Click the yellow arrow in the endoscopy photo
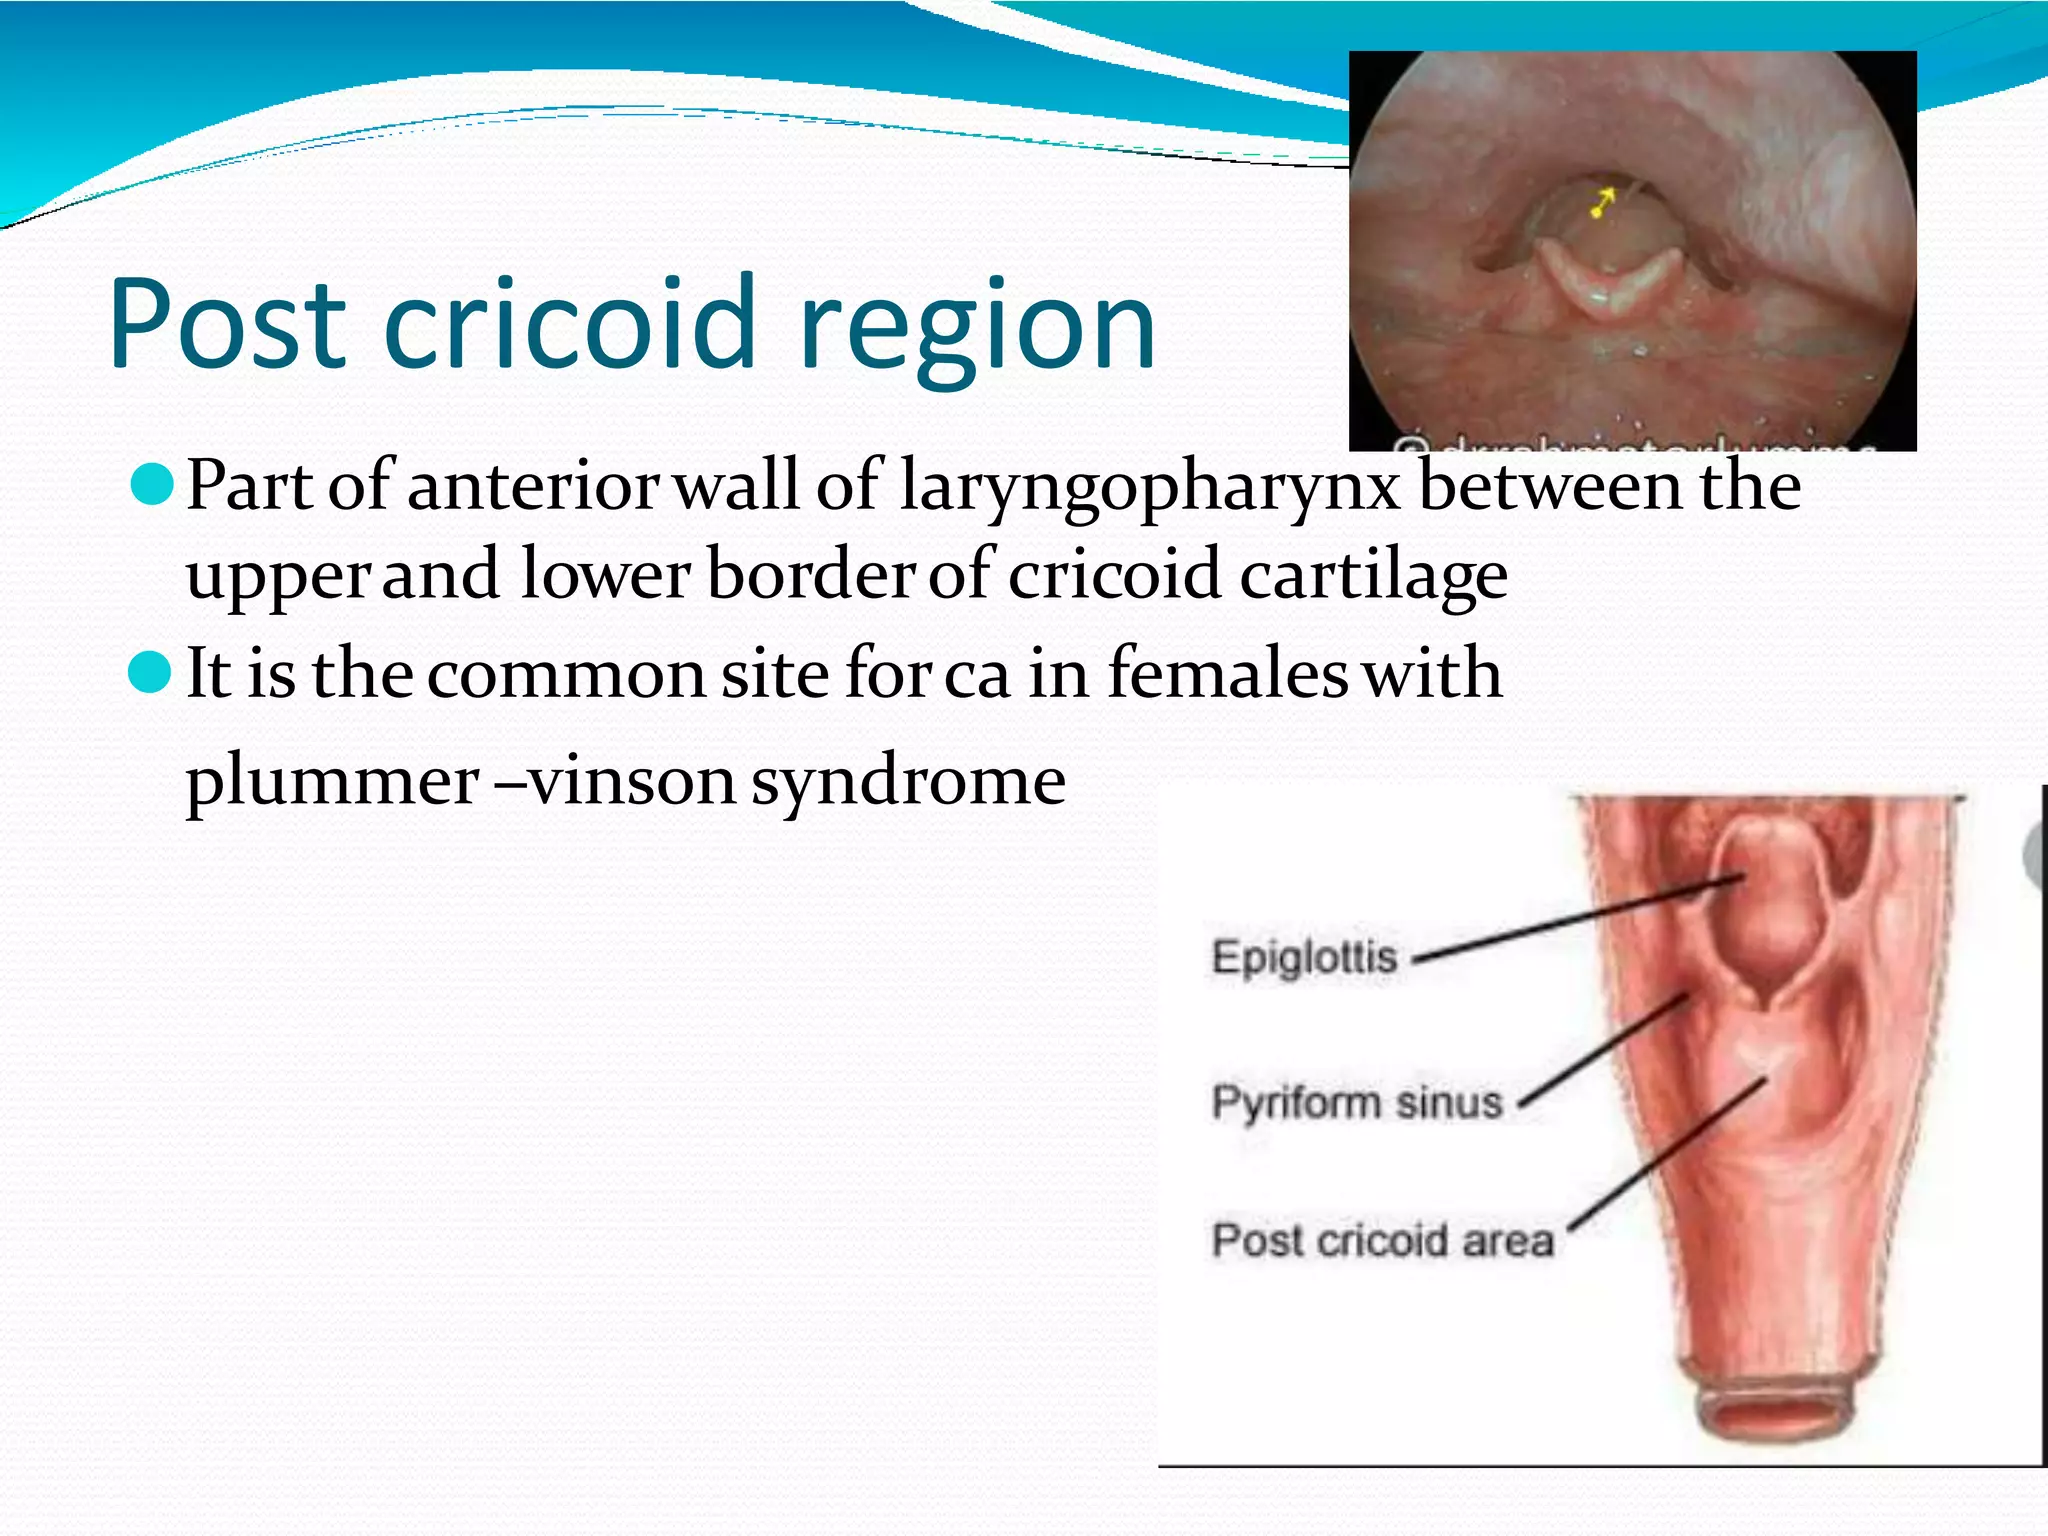click(1603, 203)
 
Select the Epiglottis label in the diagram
click(1304, 957)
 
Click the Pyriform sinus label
click(1357, 1102)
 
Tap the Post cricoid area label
click(1383, 1240)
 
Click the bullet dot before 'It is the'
click(152, 672)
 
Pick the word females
click(1228, 673)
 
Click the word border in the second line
click(811, 575)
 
